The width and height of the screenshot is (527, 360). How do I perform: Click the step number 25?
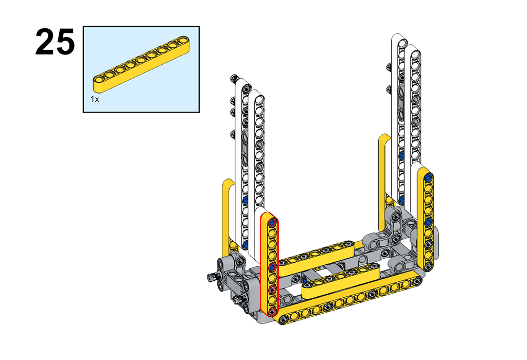click(55, 42)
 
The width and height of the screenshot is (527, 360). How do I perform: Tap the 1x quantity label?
click(95, 99)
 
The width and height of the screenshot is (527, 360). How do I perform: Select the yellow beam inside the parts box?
click(141, 64)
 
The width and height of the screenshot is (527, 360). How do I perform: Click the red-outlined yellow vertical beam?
click(270, 265)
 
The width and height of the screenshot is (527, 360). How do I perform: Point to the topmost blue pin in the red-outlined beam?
click(273, 222)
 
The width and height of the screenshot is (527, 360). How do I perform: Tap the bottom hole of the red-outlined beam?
click(273, 311)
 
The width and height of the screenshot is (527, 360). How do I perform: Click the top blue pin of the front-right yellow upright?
click(428, 177)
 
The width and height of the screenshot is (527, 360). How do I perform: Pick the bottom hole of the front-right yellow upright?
click(428, 266)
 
